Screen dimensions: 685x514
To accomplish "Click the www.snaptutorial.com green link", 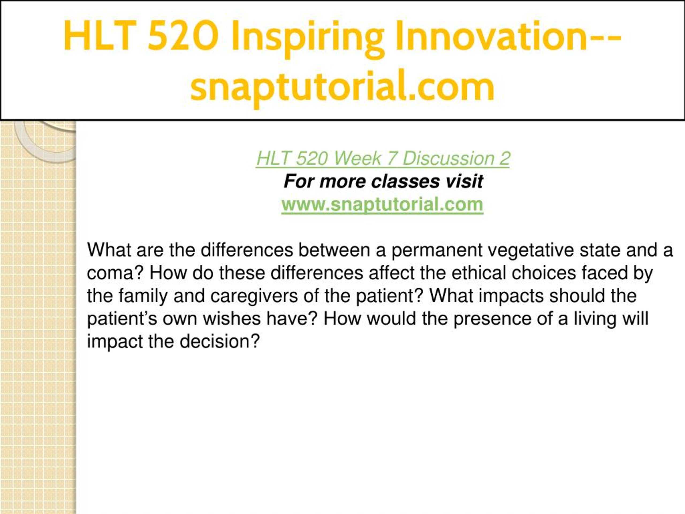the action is tap(382, 205).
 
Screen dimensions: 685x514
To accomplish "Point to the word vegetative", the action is tap(529, 250).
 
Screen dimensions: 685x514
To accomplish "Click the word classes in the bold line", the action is tap(405, 181).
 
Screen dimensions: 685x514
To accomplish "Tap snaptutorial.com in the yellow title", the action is tap(342, 86).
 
